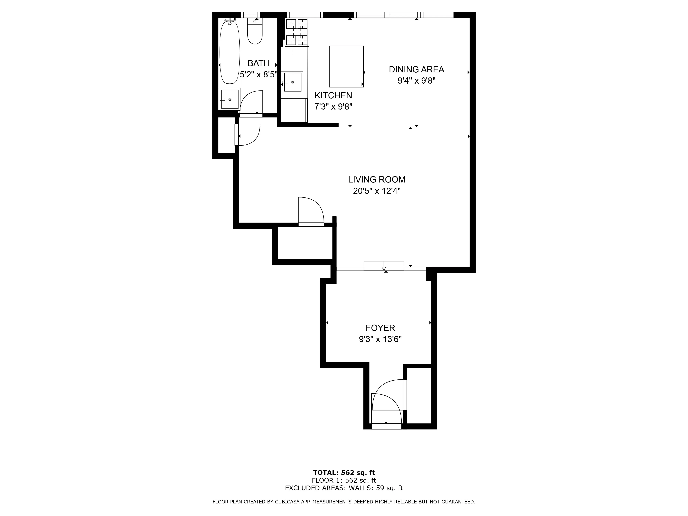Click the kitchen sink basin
click(293, 82)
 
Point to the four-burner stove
click(297, 32)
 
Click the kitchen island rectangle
click(346, 67)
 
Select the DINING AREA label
click(416, 69)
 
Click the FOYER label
click(380, 328)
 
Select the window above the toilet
click(250, 15)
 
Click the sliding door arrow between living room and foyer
click(384, 268)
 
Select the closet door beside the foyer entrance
click(405, 395)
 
